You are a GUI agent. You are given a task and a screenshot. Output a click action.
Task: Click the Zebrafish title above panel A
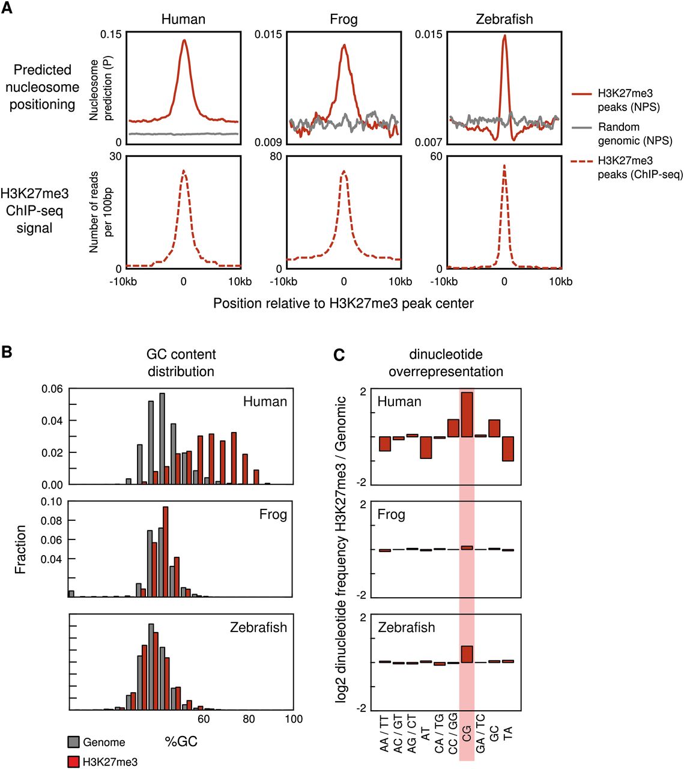coord(504,19)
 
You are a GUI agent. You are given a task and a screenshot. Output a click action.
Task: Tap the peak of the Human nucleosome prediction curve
coord(184,41)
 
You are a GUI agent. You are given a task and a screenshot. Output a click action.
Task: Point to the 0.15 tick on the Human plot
coord(110,34)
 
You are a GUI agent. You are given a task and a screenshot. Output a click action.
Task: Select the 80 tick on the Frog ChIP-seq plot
coord(275,157)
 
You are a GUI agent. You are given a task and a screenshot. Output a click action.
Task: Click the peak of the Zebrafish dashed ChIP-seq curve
coord(504,166)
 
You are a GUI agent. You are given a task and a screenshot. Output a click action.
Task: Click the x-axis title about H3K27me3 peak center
coord(343,303)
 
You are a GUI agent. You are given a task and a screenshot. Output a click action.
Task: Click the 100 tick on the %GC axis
coord(293,719)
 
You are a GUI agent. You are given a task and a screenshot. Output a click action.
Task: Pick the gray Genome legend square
coord(73,741)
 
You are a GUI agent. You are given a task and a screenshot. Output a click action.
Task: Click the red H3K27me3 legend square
coord(73,762)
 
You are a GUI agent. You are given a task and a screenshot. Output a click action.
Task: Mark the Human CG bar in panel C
coord(467,415)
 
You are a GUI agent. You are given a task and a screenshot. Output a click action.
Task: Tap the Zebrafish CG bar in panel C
coord(467,654)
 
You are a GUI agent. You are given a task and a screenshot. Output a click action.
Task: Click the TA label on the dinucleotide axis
coord(508,734)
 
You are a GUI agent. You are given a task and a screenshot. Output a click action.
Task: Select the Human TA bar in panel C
coord(508,448)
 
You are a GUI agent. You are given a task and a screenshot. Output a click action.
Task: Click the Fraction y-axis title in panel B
coord(20,549)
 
